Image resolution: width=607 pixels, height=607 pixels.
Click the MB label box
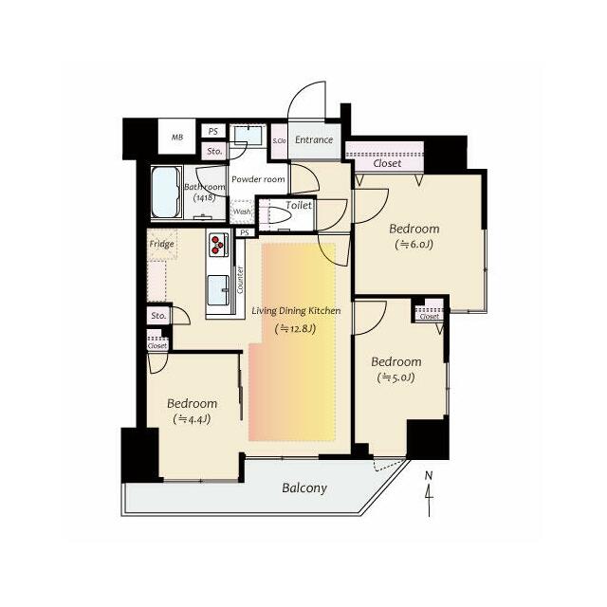click(177, 137)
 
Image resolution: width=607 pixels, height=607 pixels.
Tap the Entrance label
click(314, 139)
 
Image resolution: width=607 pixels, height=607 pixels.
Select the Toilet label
click(299, 205)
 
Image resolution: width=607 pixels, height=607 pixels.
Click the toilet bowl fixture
click(280, 215)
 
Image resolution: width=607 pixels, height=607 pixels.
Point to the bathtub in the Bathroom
click(166, 193)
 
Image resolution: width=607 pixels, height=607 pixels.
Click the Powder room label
click(258, 179)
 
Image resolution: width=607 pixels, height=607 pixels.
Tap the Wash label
click(242, 212)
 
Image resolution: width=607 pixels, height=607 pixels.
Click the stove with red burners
click(218, 245)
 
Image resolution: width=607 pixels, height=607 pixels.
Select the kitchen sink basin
click(218, 290)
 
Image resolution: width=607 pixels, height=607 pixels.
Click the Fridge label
click(162, 244)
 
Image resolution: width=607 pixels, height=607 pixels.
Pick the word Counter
click(240, 280)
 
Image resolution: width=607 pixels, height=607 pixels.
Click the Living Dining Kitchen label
click(296, 310)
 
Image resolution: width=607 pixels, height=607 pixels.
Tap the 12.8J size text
click(295, 329)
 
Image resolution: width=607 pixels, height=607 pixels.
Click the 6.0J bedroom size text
click(414, 245)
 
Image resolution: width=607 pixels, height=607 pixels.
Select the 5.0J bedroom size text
click(396, 377)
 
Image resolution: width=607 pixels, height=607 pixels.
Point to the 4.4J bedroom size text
click(192, 419)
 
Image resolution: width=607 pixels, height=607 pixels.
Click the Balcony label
click(304, 488)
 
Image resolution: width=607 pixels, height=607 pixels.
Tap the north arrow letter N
click(428, 476)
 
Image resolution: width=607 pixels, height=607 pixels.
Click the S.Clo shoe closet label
click(279, 141)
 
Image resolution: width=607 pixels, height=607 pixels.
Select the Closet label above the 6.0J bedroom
click(387, 163)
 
